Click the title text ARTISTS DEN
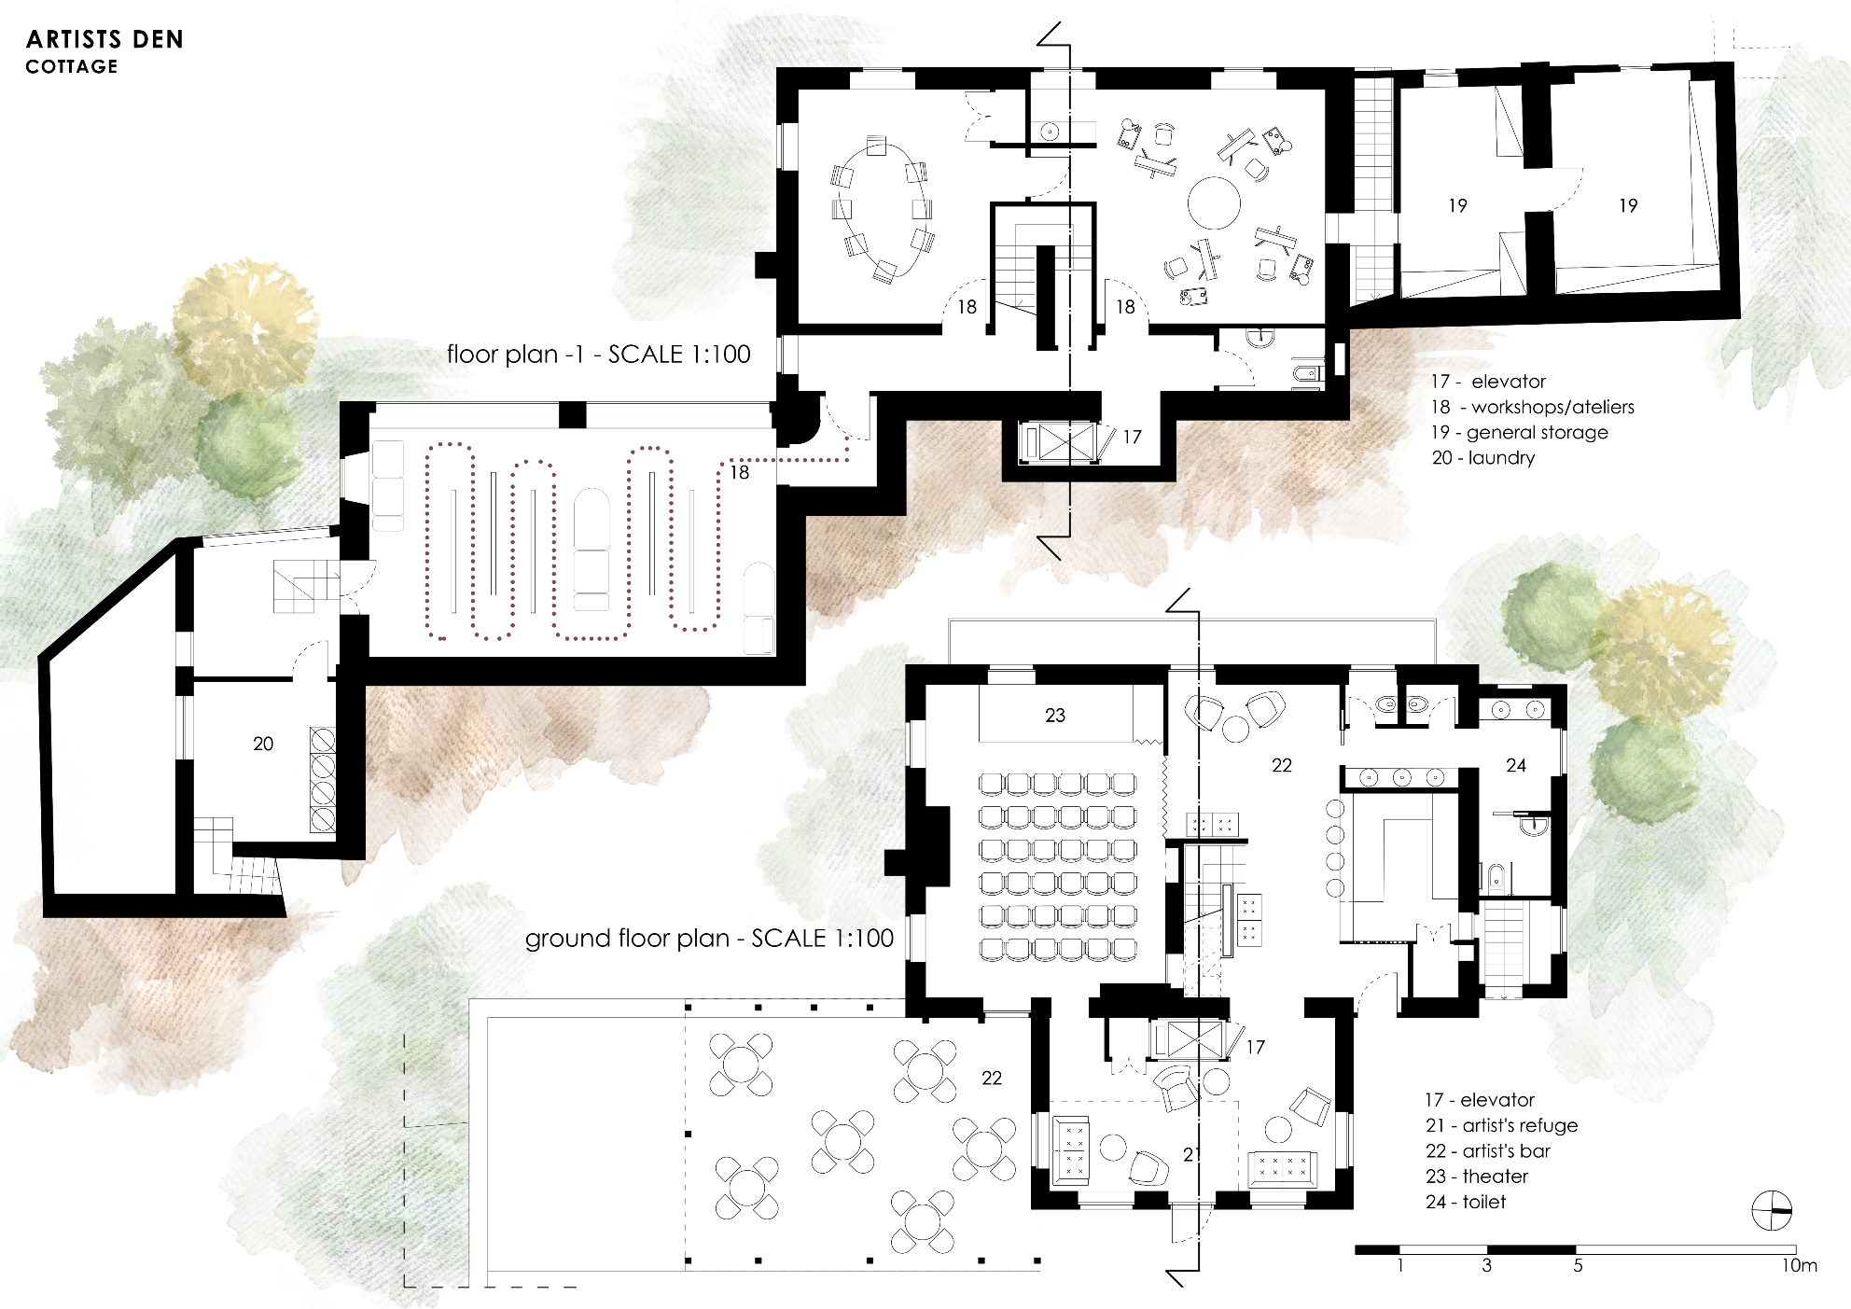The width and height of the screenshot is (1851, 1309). coord(104,39)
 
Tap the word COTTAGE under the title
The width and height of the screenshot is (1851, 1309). coord(72,66)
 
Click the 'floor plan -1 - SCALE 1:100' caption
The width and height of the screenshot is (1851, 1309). coord(598,354)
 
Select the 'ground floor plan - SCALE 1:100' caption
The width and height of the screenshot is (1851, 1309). coord(709,938)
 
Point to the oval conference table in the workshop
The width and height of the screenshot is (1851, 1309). coord(882,209)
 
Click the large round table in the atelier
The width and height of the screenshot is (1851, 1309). coord(1214,202)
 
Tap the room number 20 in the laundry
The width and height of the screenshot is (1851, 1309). coord(263,744)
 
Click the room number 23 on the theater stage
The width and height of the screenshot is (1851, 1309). coord(1055,715)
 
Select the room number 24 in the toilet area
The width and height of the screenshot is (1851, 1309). coord(1516,765)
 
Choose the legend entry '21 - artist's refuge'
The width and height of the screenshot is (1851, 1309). coord(1501,1125)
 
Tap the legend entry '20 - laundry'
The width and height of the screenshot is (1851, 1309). coord(1483,457)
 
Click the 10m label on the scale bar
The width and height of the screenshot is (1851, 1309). coord(1800,1266)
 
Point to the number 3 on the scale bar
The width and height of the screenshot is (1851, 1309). coord(1486,1266)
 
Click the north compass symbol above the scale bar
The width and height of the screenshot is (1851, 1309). coord(1772,1211)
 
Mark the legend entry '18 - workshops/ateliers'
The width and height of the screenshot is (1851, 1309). coord(1533,407)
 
